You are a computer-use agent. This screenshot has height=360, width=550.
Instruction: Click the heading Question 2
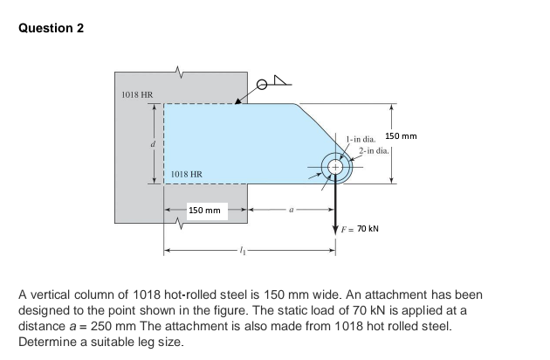pyautogui.click(x=52, y=28)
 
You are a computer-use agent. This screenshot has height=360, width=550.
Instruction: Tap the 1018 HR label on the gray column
pyautogui.click(x=137, y=95)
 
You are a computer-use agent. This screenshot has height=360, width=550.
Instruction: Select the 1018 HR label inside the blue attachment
pyautogui.click(x=187, y=174)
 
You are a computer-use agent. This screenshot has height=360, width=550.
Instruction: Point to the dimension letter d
pyautogui.click(x=152, y=143)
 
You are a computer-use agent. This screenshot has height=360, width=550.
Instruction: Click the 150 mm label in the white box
pyautogui.click(x=204, y=211)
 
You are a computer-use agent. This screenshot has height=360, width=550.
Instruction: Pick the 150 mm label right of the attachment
pyautogui.click(x=401, y=136)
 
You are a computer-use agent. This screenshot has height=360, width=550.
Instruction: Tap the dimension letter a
pyautogui.click(x=291, y=210)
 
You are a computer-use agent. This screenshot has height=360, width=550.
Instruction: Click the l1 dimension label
pyautogui.click(x=243, y=250)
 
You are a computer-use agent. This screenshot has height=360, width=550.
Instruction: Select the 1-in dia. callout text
pyautogui.click(x=361, y=139)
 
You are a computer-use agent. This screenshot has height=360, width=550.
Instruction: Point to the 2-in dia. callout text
pyautogui.click(x=374, y=150)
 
